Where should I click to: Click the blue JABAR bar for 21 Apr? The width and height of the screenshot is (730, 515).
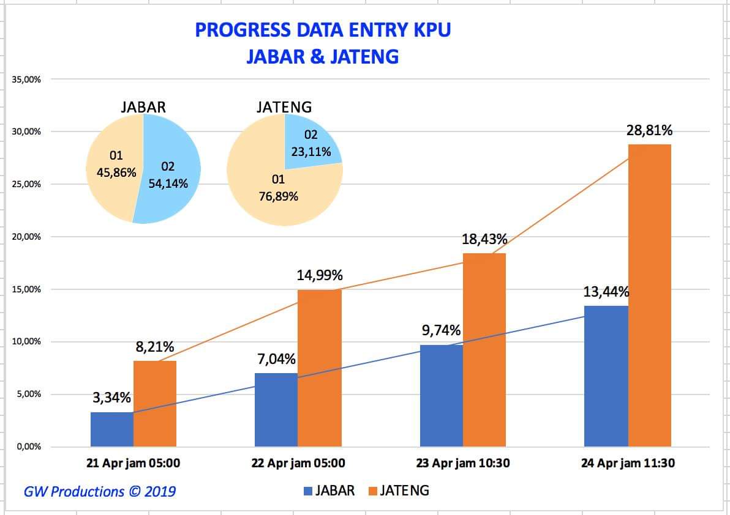coord(112,429)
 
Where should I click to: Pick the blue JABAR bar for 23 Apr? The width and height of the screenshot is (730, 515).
coord(442,396)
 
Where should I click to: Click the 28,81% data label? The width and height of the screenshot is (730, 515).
coord(650,130)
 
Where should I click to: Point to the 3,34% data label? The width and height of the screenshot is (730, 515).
coord(112,398)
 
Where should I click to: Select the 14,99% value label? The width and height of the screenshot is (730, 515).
coord(320,275)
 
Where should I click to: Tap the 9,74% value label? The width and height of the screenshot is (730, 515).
coord(441,330)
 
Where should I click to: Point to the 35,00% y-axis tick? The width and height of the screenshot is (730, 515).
coord(25,80)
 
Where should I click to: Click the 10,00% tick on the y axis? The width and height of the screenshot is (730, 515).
coord(25,341)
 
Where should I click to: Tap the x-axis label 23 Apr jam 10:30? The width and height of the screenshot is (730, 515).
coord(463,463)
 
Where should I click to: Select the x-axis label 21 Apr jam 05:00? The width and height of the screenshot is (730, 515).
coord(133,463)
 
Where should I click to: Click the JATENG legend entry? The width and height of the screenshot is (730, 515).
coord(399,491)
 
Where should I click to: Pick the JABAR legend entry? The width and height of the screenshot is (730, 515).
coord(329,491)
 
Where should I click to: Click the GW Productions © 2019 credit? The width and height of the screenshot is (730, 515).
coord(100,491)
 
